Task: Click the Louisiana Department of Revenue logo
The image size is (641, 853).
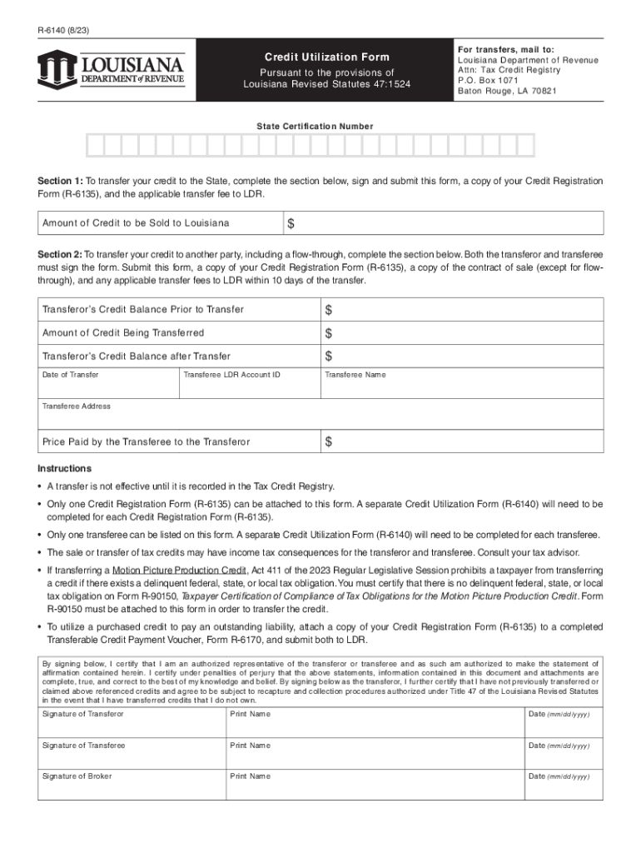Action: (111, 69)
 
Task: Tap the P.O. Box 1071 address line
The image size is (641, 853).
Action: (488, 81)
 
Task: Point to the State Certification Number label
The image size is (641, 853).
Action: (315, 126)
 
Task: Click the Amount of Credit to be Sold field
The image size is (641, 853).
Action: (450, 223)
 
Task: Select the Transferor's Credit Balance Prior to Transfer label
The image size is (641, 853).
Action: (143, 310)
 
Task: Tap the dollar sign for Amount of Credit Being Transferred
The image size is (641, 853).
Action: (329, 333)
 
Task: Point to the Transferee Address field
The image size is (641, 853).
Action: (320, 416)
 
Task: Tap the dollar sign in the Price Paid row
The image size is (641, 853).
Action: (329, 441)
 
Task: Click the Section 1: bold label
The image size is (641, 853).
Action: (60, 181)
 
